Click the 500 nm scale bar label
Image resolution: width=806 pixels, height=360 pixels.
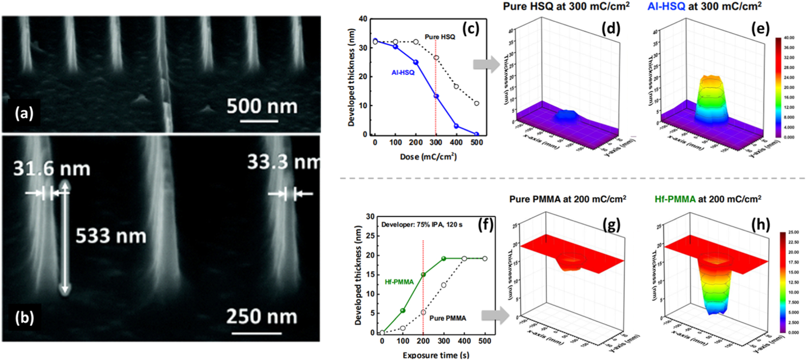click(x=262, y=106)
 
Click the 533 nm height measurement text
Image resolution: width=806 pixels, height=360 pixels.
click(x=111, y=236)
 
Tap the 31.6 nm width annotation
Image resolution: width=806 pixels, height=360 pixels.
click(x=52, y=169)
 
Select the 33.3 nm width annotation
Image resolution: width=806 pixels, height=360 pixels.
click(x=283, y=162)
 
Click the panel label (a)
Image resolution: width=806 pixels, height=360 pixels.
click(x=24, y=113)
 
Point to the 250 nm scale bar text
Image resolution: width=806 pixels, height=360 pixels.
click(x=262, y=316)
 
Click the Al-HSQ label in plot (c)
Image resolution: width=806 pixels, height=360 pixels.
click(x=403, y=73)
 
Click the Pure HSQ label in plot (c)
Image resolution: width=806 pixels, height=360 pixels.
click(x=440, y=37)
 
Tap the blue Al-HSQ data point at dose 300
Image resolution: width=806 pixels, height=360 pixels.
click(x=436, y=96)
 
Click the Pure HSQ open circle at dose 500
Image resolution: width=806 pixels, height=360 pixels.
click(x=477, y=104)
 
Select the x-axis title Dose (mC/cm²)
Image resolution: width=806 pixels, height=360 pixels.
click(x=428, y=157)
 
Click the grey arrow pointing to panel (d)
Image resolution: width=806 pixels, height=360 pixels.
click(x=486, y=64)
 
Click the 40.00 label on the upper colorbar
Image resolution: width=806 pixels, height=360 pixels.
click(x=789, y=38)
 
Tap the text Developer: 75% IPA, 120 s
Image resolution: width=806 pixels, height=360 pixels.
click(x=422, y=225)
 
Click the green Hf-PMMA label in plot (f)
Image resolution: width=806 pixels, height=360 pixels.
click(x=399, y=282)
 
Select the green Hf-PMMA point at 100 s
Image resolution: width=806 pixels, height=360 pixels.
click(x=403, y=311)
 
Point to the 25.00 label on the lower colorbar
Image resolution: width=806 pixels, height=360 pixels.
click(x=794, y=232)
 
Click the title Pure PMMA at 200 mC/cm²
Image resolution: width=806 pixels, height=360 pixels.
click(x=568, y=199)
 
